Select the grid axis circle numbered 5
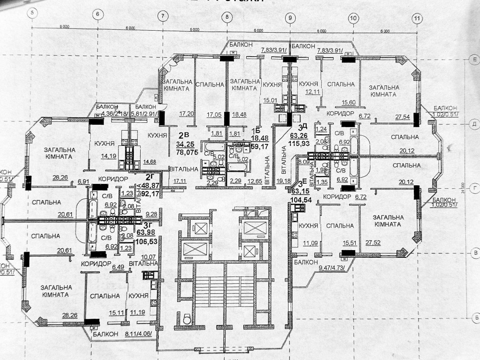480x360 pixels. tap(33, 13)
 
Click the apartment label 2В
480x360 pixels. tap(183, 136)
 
